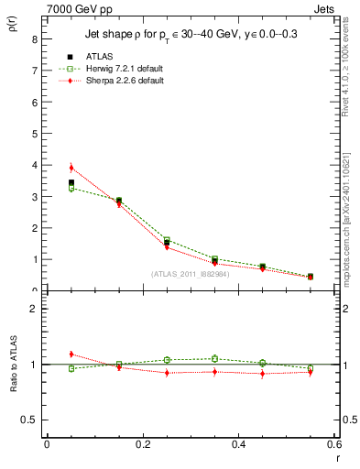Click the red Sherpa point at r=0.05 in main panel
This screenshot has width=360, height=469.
click(x=71, y=168)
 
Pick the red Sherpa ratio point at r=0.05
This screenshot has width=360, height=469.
click(x=71, y=354)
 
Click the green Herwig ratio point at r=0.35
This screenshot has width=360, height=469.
click(x=214, y=359)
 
